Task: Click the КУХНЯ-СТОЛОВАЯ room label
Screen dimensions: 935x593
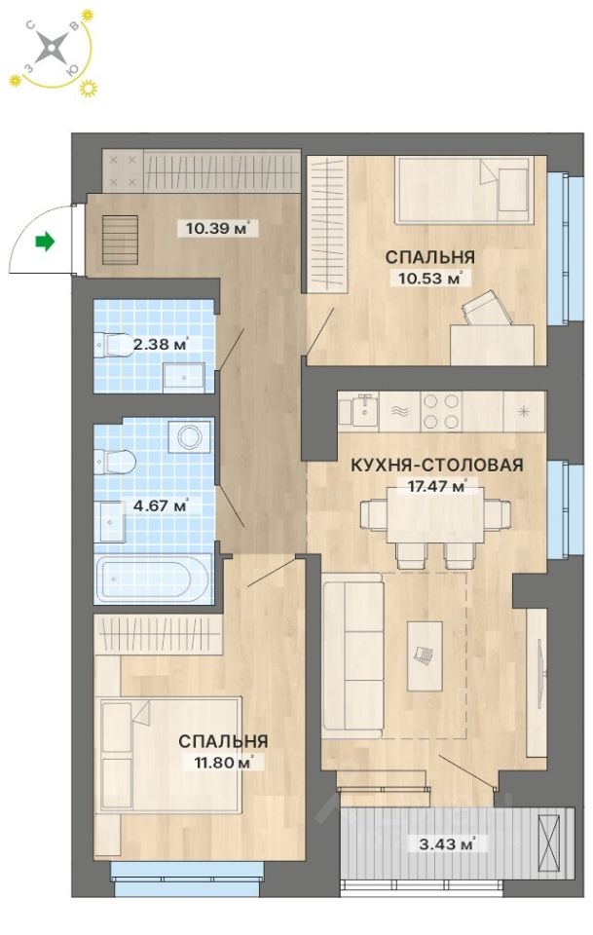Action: pos(437,465)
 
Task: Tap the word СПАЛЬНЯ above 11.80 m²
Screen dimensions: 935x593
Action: pos(223,741)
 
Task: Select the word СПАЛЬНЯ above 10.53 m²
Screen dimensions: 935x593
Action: pos(429,257)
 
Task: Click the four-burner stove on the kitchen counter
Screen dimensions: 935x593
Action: pos(438,410)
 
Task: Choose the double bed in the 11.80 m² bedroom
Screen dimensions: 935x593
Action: pos(170,754)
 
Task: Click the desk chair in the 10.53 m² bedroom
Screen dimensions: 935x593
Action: pos(483,311)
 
